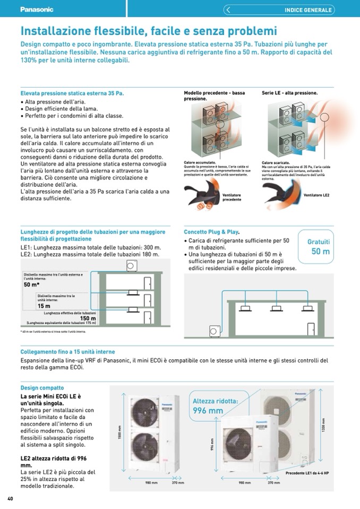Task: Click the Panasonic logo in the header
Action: pyautogui.click(x=37, y=9)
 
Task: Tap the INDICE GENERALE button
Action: pyautogui.click(x=308, y=10)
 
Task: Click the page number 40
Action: pyautogui.click(x=10, y=498)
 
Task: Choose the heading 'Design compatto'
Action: pyautogui.click(x=42, y=388)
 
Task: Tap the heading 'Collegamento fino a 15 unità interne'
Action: pyautogui.click(x=67, y=352)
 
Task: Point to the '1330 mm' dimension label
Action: pyautogui.click(x=323, y=425)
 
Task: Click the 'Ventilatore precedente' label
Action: pyautogui.click(x=232, y=197)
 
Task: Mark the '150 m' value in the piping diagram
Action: pyautogui.click(x=88, y=318)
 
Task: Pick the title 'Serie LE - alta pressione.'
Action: pyautogui.click(x=289, y=93)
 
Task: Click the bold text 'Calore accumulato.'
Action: pyautogui.click(x=199, y=162)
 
